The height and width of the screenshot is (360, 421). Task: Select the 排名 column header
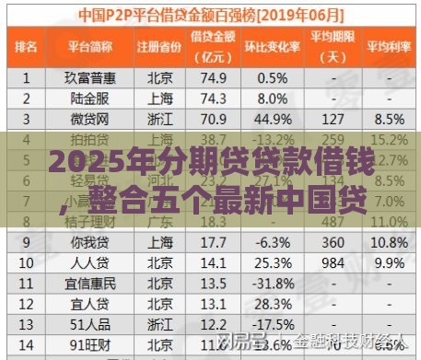(28, 45)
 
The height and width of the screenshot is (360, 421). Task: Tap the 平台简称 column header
(89, 45)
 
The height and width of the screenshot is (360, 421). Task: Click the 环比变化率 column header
(275, 45)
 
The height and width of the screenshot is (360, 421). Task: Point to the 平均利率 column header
(390, 45)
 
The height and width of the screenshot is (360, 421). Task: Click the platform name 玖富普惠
(90, 78)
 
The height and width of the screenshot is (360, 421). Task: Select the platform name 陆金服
(90, 99)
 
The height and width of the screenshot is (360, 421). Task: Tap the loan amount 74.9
(215, 78)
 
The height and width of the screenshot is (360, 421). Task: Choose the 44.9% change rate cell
(274, 119)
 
